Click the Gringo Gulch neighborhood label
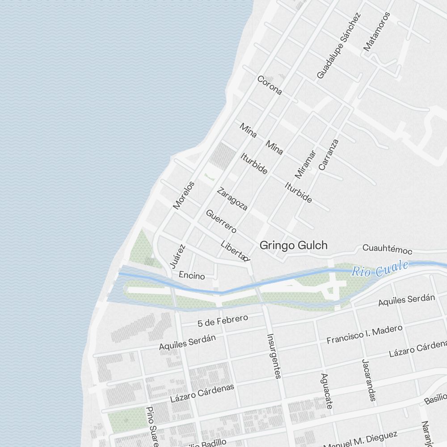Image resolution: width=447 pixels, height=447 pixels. point(294,245)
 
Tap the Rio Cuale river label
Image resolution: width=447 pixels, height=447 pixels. point(380,269)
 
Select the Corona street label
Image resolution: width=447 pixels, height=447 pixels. point(270,85)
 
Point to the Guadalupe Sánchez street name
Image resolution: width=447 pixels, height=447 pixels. point(338,46)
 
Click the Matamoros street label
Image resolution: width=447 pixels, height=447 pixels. point(377,31)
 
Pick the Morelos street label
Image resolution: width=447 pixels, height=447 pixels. point(184,195)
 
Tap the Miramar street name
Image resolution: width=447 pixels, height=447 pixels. point(306,164)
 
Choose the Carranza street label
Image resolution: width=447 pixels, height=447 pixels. point(329,155)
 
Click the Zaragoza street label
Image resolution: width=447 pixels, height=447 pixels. point(232,199)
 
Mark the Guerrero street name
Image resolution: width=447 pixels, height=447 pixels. point(221,221)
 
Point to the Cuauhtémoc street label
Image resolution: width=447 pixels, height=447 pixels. point(387,248)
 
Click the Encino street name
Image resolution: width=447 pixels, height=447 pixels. point(192,276)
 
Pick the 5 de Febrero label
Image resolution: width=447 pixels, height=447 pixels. point(223,320)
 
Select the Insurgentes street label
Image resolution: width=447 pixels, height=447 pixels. point(274,356)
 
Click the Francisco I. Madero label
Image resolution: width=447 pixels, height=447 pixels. point(364,334)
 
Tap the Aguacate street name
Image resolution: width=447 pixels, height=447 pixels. point(327,391)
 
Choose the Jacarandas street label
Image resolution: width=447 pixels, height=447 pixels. point(369,380)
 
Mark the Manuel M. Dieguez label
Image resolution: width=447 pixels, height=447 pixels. point(360,439)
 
